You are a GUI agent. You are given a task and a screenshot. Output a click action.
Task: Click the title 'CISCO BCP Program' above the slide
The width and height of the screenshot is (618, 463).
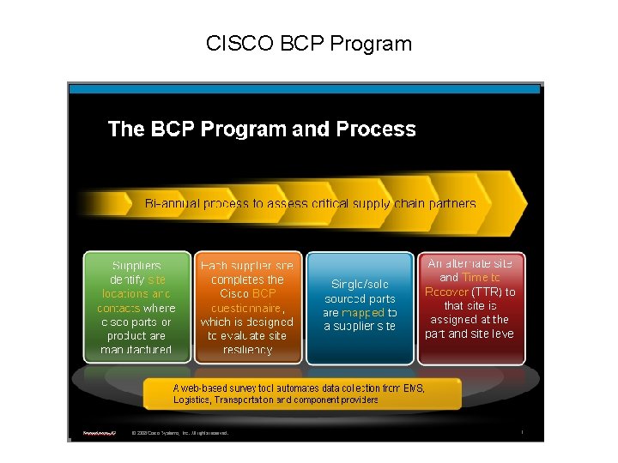point(309,43)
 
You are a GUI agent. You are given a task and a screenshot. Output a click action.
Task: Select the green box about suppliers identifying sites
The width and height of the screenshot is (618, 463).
point(136,307)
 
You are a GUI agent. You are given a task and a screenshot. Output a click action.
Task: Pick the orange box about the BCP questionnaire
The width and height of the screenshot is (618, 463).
point(246,307)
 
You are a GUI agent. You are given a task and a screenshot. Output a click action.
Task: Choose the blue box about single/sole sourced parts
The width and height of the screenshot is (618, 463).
point(360,307)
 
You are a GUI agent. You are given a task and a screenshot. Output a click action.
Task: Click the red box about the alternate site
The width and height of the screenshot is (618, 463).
point(470,307)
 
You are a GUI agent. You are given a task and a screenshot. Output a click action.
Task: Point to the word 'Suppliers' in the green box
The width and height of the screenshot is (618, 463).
point(136,266)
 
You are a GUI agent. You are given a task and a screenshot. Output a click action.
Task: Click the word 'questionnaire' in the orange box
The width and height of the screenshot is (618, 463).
point(247,308)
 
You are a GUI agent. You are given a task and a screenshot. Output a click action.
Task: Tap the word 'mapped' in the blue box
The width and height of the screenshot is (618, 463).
point(363,313)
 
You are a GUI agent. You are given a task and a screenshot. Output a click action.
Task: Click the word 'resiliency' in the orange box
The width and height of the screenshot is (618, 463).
point(246,349)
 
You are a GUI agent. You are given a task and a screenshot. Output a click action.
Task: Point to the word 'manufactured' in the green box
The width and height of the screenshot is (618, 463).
point(136,349)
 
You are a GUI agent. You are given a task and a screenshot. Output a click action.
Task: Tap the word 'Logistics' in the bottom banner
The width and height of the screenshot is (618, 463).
point(191,400)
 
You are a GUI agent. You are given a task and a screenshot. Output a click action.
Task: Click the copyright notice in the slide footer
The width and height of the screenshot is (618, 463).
point(180,434)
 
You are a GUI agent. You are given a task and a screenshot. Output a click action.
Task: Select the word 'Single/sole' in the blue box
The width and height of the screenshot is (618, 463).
point(360,284)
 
